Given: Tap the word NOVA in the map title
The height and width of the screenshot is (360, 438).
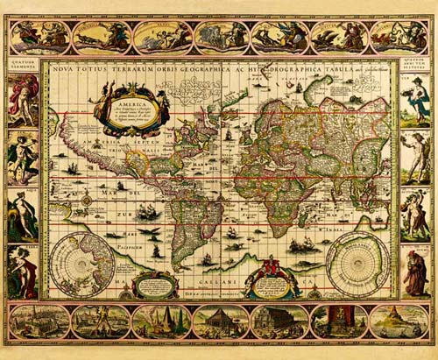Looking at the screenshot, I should (x=64, y=67).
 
